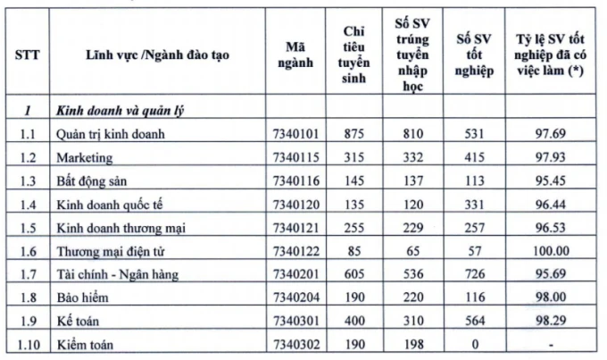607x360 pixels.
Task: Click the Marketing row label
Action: tap(86, 157)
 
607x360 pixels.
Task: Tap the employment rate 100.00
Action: tap(550, 250)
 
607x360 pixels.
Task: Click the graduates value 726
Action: tap(474, 273)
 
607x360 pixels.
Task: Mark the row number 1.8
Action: tap(27, 296)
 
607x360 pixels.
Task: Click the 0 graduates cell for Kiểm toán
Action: tap(474, 343)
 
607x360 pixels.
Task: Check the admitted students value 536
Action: tap(412, 273)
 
